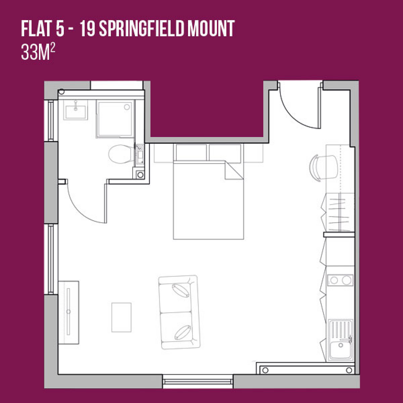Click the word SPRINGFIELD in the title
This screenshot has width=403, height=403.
click(142, 28)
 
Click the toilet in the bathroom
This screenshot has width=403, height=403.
click(121, 154)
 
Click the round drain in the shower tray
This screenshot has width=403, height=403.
click(127, 107)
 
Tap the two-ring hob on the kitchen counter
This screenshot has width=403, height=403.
click(340, 280)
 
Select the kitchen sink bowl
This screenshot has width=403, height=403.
click(340, 349)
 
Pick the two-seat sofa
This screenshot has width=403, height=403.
click(179, 312)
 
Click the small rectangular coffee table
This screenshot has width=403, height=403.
click(122, 317)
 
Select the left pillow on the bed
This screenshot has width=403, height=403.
click(191, 152)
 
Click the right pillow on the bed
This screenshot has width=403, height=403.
click(225, 152)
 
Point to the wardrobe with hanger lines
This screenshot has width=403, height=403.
click(338, 212)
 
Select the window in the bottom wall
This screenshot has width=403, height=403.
click(198, 381)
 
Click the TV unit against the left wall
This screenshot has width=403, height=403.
click(68, 312)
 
